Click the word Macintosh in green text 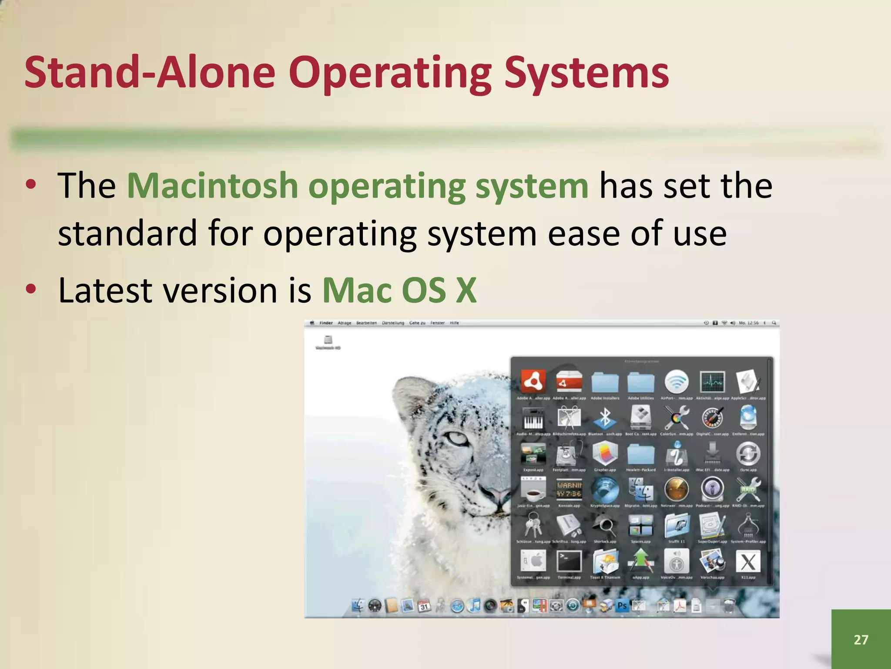(x=212, y=186)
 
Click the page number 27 (x=861, y=639)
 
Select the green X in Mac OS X (x=466, y=291)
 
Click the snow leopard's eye (x=458, y=438)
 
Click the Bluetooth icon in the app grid (x=605, y=418)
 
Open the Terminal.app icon (x=569, y=561)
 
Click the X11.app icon (x=748, y=561)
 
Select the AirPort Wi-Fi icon (x=676, y=382)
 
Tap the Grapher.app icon (x=605, y=453)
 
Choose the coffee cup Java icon (x=533, y=490)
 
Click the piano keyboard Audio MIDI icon (x=533, y=418)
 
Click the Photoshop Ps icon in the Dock (x=622, y=605)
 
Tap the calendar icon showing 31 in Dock (x=424, y=606)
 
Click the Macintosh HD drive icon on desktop (x=328, y=340)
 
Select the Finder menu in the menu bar (x=326, y=323)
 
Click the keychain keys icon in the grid (x=533, y=525)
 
